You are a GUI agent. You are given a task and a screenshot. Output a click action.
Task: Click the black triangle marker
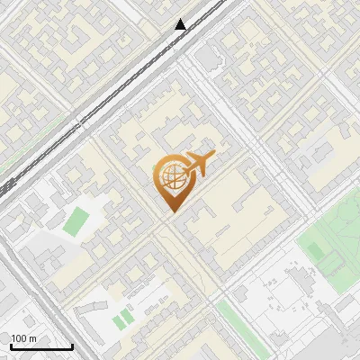[x=181, y=24]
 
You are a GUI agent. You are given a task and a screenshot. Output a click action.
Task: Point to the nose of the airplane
[x=214, y=156]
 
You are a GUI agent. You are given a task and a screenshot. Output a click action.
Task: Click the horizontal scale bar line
[x=40, y=346]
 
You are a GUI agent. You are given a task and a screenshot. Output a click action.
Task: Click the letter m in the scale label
[x=32, y=338]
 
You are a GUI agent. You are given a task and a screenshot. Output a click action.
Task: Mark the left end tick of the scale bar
[x=10, y=345]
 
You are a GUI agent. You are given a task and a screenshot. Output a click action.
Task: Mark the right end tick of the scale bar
[x=72, y=345]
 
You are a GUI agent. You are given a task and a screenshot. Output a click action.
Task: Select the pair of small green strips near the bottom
[x=122, y=319]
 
